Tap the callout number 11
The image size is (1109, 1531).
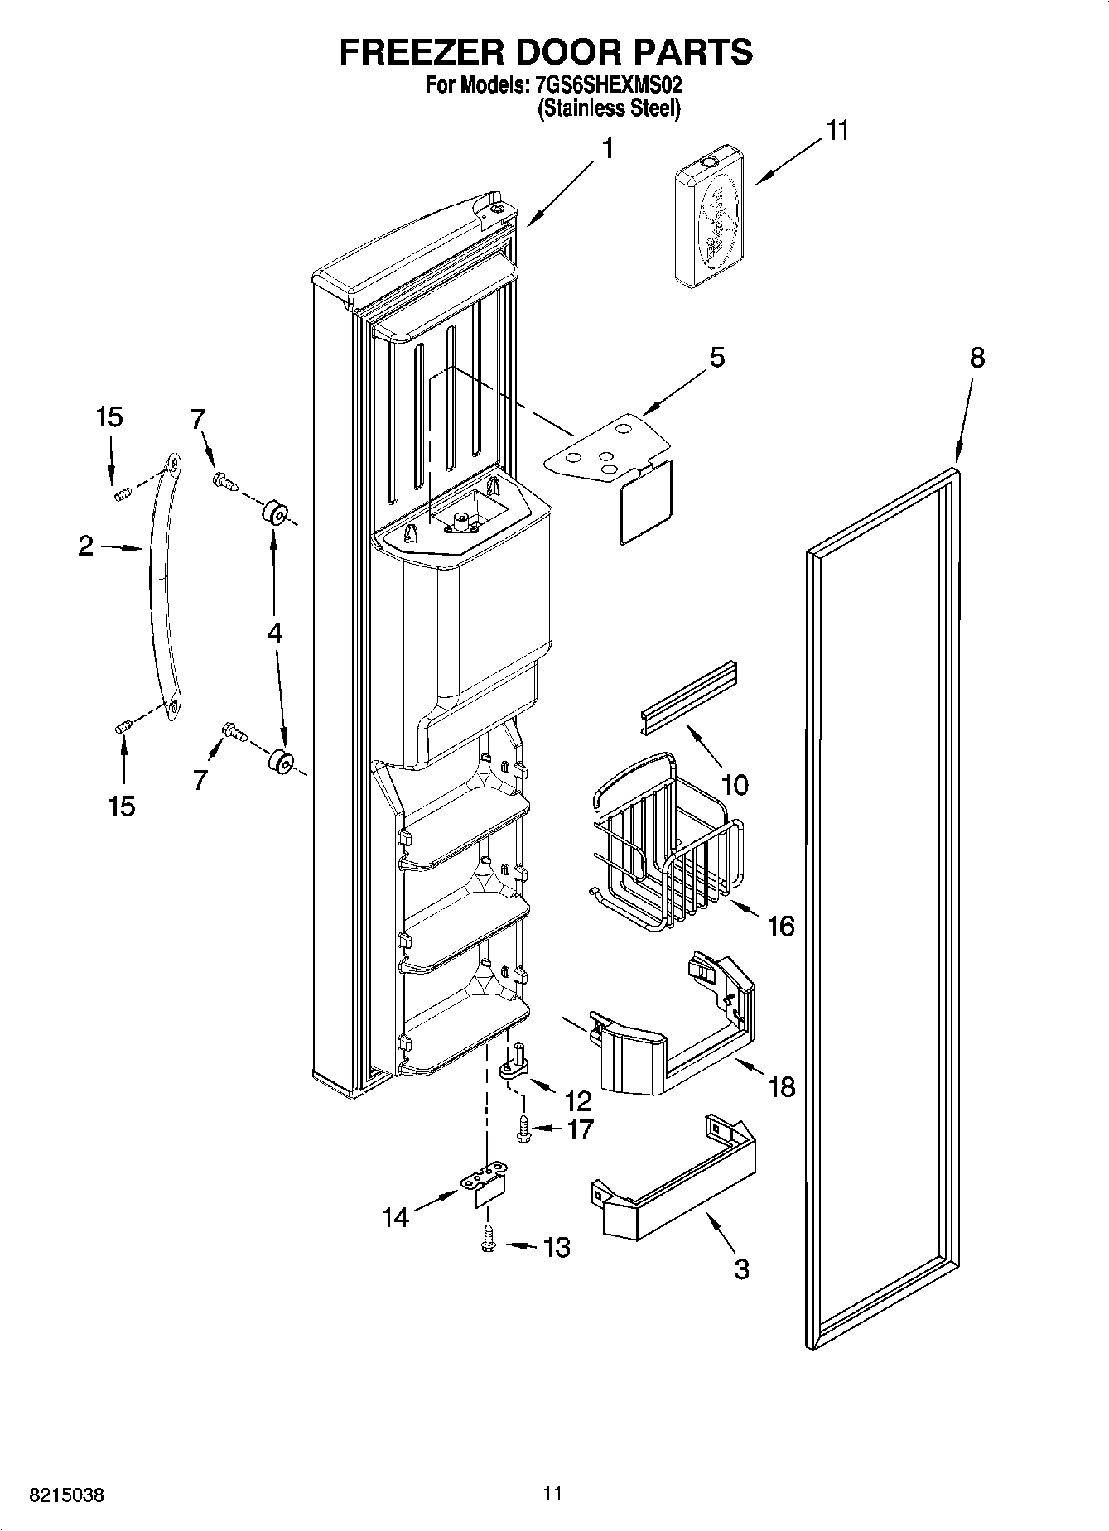coord(837,131)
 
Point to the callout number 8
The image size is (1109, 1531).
coord(977,358)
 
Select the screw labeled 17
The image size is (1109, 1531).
coord(523,1129)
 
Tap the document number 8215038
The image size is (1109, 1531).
coord(67,1496)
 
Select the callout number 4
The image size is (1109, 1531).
coord(274,633)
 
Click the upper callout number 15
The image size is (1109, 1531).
coord(109,417)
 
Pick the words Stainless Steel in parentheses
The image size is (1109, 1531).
coord(609,108)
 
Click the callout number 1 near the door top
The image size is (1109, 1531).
coord(608,149)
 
